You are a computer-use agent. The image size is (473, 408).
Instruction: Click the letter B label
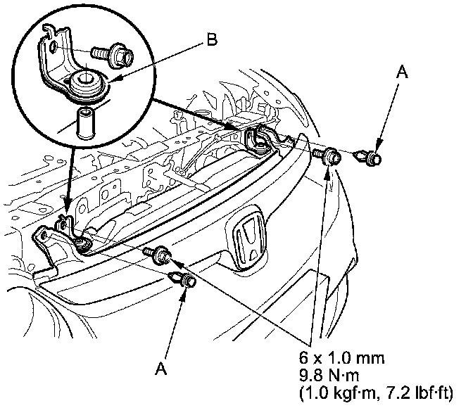point(211,40)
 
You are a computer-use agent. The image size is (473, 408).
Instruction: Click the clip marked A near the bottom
point(183,279)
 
